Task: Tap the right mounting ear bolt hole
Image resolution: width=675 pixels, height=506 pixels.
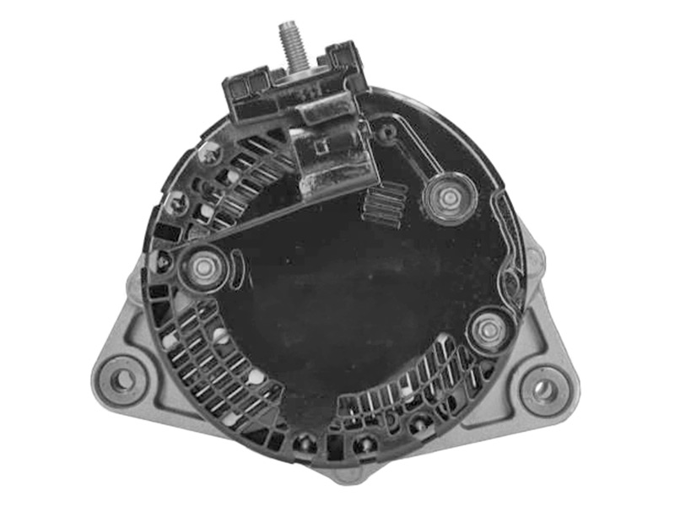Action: click(x=544, y=390)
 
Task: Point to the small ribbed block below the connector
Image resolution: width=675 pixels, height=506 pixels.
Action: click(x=384, y=205)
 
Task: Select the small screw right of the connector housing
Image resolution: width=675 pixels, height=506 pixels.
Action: click(x=386, y=132)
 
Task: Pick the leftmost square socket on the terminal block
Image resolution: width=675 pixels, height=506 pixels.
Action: click(x=234, y=87)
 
